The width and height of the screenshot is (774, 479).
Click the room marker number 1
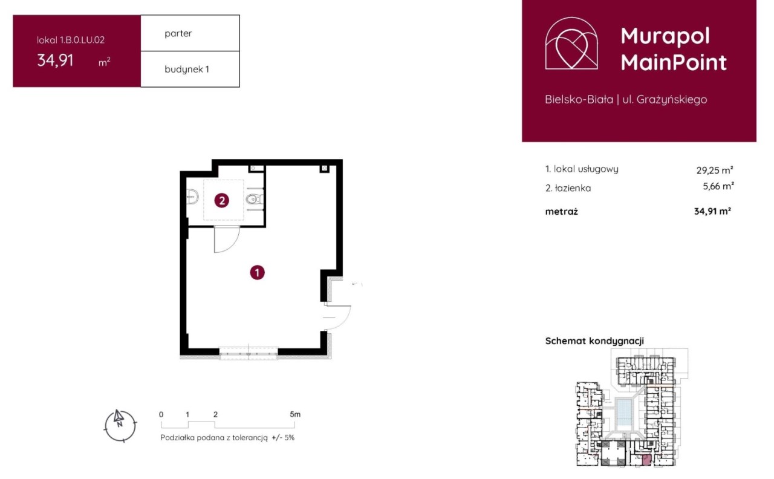257,273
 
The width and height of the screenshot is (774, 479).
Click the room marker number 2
221,200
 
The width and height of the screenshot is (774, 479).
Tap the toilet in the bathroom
255,200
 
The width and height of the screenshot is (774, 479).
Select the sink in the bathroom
192,197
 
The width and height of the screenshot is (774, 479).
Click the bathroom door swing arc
232,245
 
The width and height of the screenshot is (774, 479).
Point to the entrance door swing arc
344,321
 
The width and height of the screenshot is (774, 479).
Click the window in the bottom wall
249,353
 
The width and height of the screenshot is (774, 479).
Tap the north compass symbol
120,426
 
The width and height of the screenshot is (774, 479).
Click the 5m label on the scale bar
295,414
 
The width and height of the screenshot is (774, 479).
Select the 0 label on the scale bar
161,414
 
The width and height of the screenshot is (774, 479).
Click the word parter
178,33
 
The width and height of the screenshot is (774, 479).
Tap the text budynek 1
187,70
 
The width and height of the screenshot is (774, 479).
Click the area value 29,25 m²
715,170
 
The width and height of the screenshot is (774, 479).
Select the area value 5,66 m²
718,186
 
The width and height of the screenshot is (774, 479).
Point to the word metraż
561,212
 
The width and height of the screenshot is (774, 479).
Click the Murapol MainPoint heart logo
571,43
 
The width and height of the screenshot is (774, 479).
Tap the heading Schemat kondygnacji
594,341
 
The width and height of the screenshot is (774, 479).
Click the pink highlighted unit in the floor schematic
646,460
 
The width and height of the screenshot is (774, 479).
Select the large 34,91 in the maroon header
55,60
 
